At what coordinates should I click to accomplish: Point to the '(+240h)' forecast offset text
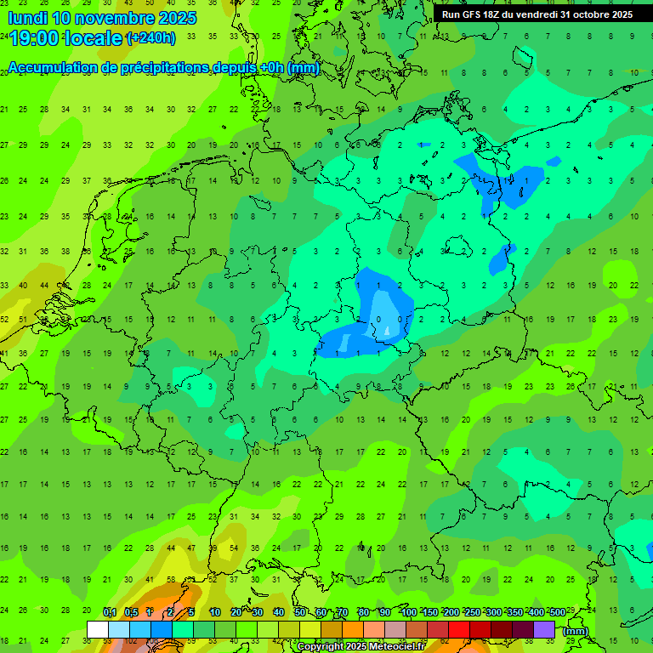[x=151, y=38]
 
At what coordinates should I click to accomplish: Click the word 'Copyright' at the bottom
[x=321, y=647]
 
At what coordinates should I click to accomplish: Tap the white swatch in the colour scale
[x=98, y=629]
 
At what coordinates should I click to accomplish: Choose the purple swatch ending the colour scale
[x=544, y=629]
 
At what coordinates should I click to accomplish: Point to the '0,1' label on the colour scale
[x=109, y=612]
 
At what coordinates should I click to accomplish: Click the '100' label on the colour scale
[x=408, y=612]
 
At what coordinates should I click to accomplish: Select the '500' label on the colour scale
[x=557, y=612]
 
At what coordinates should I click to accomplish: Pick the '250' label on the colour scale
[x=472, y=612]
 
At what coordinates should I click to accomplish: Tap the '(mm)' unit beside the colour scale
[x=576, y=631]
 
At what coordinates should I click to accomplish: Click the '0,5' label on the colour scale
[x=131, y=612]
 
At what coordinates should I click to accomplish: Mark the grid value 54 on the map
[x=233, y=548]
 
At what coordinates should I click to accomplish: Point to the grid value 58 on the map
[x=171, y=580]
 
